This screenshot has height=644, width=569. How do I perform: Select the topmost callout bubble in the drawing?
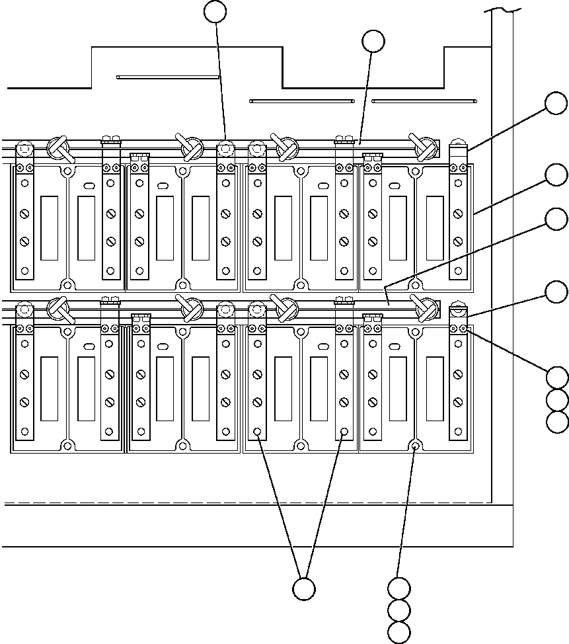[x=215, y=11]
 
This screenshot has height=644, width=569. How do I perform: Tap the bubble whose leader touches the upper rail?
[x=373, y=41]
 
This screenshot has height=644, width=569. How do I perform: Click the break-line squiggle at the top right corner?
[x=502, y=10]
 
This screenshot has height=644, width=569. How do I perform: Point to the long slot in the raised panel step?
[x=168, y=77]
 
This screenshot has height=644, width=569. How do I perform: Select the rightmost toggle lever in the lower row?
[x=424, y=307]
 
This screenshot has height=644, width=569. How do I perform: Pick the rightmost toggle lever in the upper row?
[x=424, y=147]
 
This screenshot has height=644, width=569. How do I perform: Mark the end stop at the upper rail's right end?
[x=457, y=151]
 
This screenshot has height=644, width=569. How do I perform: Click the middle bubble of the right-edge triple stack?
[x=558, y=399]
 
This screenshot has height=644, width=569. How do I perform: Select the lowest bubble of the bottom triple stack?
[x=398, y=632]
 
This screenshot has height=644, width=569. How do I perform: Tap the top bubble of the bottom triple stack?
[x=398, y=587]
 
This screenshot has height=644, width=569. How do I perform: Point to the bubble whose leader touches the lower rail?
[x=558, y=220]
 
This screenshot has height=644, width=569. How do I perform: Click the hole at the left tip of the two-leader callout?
[x=257, y=432]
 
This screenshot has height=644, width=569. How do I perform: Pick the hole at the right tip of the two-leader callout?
[x=344, y=432]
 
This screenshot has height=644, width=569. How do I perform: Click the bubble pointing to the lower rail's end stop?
[x=557, y=291]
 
